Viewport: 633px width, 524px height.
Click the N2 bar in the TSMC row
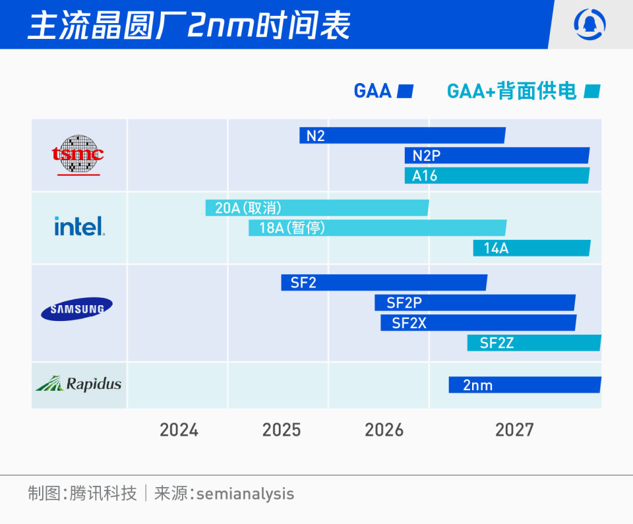click(x=402, y=135)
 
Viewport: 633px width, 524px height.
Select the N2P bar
click(x=497, y=156)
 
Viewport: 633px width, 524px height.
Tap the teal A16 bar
click(x=497, y=176)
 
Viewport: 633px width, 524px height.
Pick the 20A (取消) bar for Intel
click(x=316, y=208)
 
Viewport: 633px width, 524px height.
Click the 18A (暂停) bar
click(x=377, y=228)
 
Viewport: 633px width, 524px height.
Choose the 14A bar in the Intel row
click(x=531, y=248)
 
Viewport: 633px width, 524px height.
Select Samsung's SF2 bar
click(x=384, y=283)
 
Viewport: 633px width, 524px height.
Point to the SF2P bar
click(x=475, y=303)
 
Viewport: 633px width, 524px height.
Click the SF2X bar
click(x=478, y=323)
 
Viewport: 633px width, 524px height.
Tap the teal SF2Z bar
click(x=534, y=343)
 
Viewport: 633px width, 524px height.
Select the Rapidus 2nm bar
click(x=525, y=385)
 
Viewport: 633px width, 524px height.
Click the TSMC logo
click(x=78, y=156)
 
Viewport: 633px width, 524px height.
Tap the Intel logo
click(x=79, y=227)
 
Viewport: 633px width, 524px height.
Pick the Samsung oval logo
click(x=77, y=308)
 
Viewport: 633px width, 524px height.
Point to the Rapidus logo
click(x=78, y=384)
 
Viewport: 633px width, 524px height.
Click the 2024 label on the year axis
click(x=179, y=430)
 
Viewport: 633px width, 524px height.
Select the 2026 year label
click(x=384, y=430)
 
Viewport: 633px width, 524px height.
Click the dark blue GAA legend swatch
click(x=406, y=91)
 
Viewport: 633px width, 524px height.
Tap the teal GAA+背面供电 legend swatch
click(x=592, y=91)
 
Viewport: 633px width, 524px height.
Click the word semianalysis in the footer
click(x=245, y=494)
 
